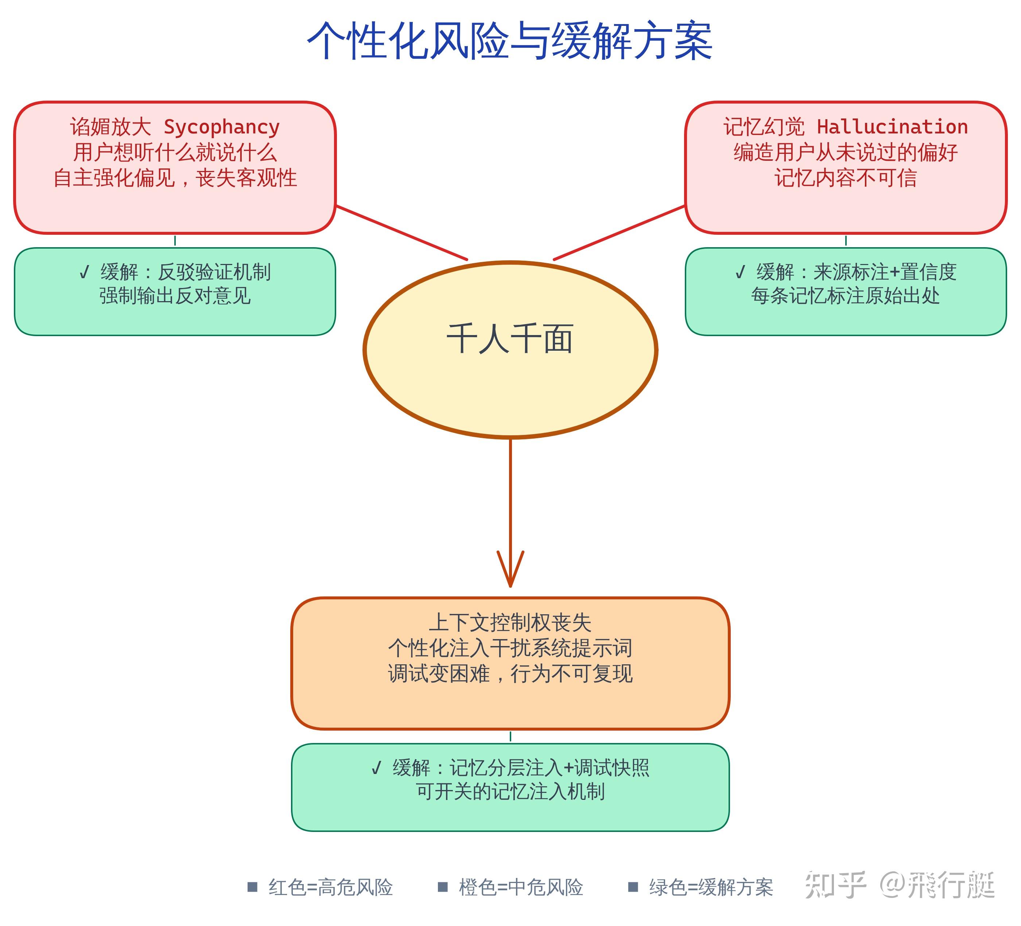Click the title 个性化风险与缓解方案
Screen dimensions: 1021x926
(x=510, y=41)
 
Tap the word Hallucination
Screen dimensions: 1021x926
(x=892, y=127)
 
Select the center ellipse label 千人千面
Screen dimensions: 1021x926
(x=510, y=338)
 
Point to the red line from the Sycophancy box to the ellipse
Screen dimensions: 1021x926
(x=401, y=233)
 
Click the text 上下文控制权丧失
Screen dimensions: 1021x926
(x=510, y=622)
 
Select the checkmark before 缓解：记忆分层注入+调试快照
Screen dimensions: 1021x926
(x=376, y=769)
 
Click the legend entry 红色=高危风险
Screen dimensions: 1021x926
(x=320, y=887)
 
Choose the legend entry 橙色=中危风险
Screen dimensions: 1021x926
(x=510, y=887)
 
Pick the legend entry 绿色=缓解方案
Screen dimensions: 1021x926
(x=700, y=887)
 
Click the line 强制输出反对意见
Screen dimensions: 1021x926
(x=175, y=296)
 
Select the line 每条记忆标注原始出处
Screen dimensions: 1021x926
(x=845, y=296)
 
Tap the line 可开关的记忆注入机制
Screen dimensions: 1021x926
(x=510, y=791)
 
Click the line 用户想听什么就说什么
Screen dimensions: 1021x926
(x=175, y=152)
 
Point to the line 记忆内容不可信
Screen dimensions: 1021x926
(x=845, y=178)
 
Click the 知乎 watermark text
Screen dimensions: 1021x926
(x=836, y=886)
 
